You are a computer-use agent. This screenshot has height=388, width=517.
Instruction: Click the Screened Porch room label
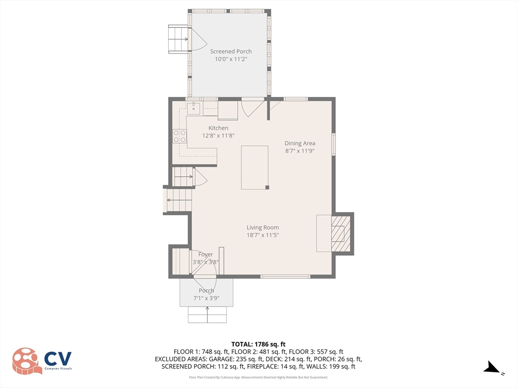pyautogui.click(x=231, y=52)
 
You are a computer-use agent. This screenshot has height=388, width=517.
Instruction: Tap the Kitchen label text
pyautogui.click(x=218, y=128)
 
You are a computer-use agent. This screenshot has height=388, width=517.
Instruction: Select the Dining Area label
pyautogui.click(x=300, y=143)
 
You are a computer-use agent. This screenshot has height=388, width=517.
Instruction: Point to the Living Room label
pyautogui.click(x=263, y=227)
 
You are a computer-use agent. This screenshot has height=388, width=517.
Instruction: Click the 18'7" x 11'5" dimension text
pyautogui.click(x=263, y=235)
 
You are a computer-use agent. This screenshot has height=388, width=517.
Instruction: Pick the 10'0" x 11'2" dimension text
pyautogui.click(x=231, y=59)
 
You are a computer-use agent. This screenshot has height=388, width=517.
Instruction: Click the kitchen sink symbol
pyautogui.click(x=193, y=108)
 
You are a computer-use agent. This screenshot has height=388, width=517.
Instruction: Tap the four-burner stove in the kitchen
pyautogui.click(x=179, y=136)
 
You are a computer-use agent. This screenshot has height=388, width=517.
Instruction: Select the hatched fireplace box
pyautogui.click(x=341, y=233)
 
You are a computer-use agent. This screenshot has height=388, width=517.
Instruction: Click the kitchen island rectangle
pyautogui.click(x=254, y=168)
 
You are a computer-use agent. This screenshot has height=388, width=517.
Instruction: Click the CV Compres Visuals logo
pyautogui.click(x=42, y=361)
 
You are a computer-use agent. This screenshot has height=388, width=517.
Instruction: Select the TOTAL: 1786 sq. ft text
pyautogui.click(x=258, y=345)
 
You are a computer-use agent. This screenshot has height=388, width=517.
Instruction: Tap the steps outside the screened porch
pyautogui.click(x=178, y=39)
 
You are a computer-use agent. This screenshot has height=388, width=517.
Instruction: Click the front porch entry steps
pyautogui.click(x=208, y=315)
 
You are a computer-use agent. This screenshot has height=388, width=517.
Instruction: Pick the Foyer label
pyautogui.click(x=206, y=255)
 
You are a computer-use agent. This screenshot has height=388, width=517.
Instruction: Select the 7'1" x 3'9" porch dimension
pyautogui.click(x=206, y=298)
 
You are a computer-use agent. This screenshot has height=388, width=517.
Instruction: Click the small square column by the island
pyautogui.click(x=268, y=187)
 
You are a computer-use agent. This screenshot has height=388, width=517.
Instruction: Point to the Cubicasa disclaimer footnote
pyautogui.click(x=258, y=377)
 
